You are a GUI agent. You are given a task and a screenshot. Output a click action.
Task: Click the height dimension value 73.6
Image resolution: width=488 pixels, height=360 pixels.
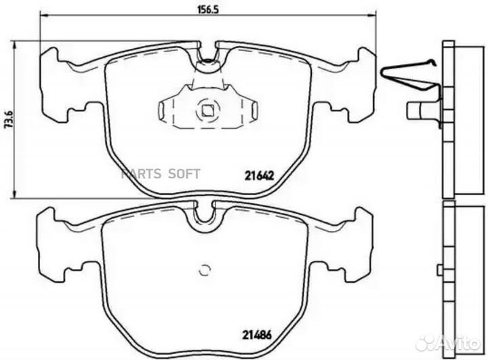coord(7,119)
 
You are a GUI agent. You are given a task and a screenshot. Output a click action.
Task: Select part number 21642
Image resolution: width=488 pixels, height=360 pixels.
coord(258,174)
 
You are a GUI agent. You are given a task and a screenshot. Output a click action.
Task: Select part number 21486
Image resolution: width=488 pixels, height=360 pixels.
coord(258,334)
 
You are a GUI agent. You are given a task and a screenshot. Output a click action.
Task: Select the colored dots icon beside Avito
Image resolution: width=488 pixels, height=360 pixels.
coord(428,342)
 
